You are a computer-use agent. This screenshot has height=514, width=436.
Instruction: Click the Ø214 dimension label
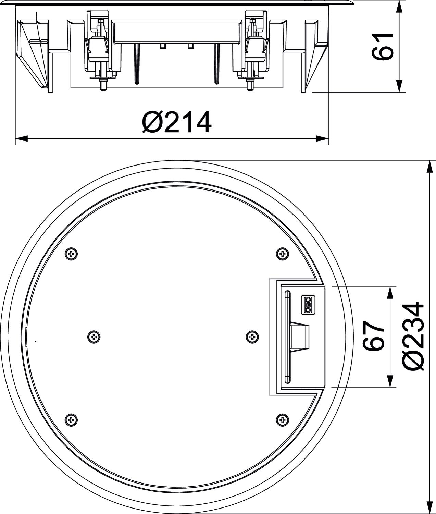pyautogui.click(x=177, y=122)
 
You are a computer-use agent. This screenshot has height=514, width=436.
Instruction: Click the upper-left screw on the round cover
pyautogui.click(x=71, y=254)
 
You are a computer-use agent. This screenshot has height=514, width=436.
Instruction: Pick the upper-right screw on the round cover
pyautogui.click(x=282, y=254)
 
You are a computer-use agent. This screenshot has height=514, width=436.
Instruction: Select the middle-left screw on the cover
pyautogui.click(x=94, y=337)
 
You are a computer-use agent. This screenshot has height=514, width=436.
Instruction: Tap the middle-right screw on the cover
pyautogui.click(x=252, y=337)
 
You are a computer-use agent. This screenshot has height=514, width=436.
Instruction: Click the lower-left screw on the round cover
pyautogui.click(x=71, y=420)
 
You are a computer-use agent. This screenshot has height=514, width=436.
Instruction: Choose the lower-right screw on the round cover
pyautogui.click(x=282, y=420)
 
